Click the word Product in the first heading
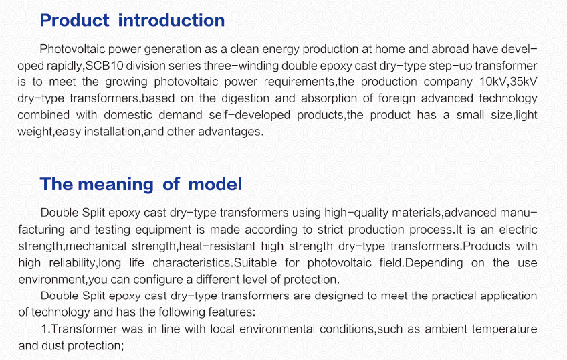(x=74, y=20)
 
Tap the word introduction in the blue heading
(x=171, y=20)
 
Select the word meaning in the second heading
(x=116, y=185)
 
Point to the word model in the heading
(x=215, y=184)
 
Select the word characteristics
(x=192, y=263)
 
